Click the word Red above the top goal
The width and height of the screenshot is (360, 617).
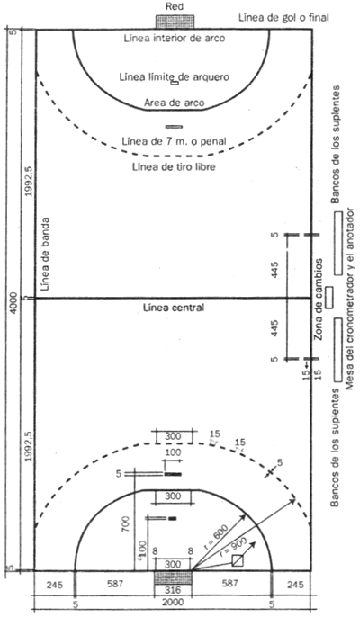click(174, 6)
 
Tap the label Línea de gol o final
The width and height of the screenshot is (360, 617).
click(284, 18)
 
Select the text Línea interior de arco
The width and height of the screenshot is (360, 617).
click(175, 38)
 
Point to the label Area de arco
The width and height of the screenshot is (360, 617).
click(174, 103)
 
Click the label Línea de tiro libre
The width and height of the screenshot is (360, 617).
click(174, 167)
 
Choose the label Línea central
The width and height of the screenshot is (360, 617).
click(174, 308)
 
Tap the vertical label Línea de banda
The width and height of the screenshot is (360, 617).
click(45, 255)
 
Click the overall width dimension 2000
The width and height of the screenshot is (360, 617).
click(173, 603)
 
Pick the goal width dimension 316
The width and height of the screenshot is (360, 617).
click(173, 590)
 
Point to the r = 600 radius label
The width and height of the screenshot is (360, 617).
click(218, 536)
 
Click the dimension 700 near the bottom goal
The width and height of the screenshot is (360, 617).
click(126, 525)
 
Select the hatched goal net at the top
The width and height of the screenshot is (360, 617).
click(175, 22)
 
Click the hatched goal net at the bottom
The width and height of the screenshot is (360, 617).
click(173, 577)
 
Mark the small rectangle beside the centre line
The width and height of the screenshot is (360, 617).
click(329, 297)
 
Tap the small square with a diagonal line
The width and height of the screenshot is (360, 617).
click(238, 560)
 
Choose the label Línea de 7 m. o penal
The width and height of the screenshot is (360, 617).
click(174, 141)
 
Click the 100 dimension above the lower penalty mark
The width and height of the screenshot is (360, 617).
click(173, 452)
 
